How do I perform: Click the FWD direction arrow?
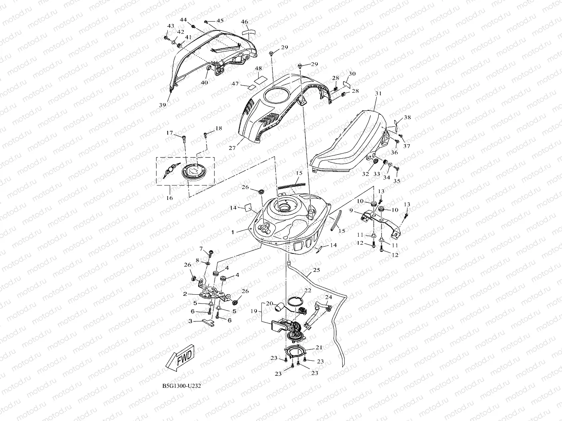click(181, 358)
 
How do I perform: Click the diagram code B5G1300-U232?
click(182, 386)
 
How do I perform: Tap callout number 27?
click(232, 148)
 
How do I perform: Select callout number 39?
click(163, 105)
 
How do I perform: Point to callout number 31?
click(378, 93)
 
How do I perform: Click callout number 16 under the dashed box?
click(169, 198)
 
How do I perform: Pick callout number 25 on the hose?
click(317, 270)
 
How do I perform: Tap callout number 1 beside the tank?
click(233, 232)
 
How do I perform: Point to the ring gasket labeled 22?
click(295, 301)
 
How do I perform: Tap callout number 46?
click(245, 22)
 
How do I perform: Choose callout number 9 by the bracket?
click(351, 210)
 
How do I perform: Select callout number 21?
click(319, 347)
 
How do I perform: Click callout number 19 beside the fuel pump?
click(254, 311)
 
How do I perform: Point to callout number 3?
click(190, 321)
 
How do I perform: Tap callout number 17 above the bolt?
click(169, 133)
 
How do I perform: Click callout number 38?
click(407, 117)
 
